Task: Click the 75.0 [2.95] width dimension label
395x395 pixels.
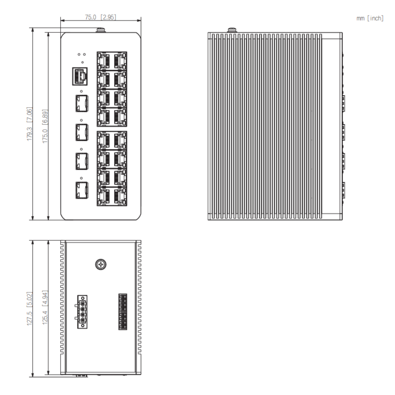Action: click(x=101, y=17)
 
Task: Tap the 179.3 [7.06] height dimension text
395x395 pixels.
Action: click(x=30, y=124)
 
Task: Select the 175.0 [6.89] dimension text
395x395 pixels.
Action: click(x=45, y=126)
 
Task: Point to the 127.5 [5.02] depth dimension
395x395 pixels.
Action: click(x=30, y=309)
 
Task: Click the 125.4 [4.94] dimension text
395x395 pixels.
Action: click(x=45, y=307)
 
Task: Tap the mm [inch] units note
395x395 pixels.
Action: click(x=370, y=18)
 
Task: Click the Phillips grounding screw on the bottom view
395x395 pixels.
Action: click(x=101, y=264)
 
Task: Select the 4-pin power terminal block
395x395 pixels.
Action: click(x=82, y=312)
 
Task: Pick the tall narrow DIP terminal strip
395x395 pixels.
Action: click(x=123, y=312)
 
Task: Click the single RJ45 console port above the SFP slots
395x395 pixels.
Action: click(x=80, y=76)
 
